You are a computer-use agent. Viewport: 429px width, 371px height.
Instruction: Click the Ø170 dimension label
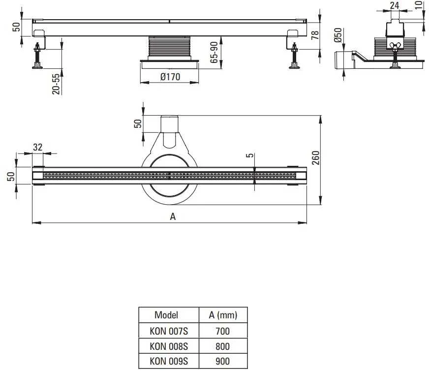170,77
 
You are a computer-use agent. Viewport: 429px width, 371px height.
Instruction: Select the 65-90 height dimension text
214,52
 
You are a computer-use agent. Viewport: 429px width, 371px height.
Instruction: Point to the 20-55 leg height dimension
56,84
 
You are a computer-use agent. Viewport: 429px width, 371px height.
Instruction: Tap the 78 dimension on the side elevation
315,35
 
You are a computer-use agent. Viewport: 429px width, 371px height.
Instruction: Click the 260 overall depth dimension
315,157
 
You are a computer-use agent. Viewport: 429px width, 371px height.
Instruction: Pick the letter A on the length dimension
173,216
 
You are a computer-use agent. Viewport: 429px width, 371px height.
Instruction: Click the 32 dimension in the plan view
38,147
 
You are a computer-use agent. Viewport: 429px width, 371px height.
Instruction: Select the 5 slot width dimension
249,155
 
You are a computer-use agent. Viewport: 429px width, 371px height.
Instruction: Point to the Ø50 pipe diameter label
338,35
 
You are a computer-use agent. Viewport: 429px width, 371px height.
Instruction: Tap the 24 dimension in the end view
394,5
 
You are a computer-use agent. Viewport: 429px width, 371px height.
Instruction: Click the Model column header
166,315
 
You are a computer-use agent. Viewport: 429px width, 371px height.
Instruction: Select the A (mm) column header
223,315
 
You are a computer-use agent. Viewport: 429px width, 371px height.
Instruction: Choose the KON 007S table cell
169,331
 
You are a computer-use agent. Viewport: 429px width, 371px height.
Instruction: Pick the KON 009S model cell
169,361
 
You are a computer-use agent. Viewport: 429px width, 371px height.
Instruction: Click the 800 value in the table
222,346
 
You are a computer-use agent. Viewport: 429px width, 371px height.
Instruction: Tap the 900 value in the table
222,361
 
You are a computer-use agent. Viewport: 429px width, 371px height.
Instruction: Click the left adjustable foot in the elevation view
37,56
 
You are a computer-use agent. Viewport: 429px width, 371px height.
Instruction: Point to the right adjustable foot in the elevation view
294,56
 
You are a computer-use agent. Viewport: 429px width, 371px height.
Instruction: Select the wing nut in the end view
395,45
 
